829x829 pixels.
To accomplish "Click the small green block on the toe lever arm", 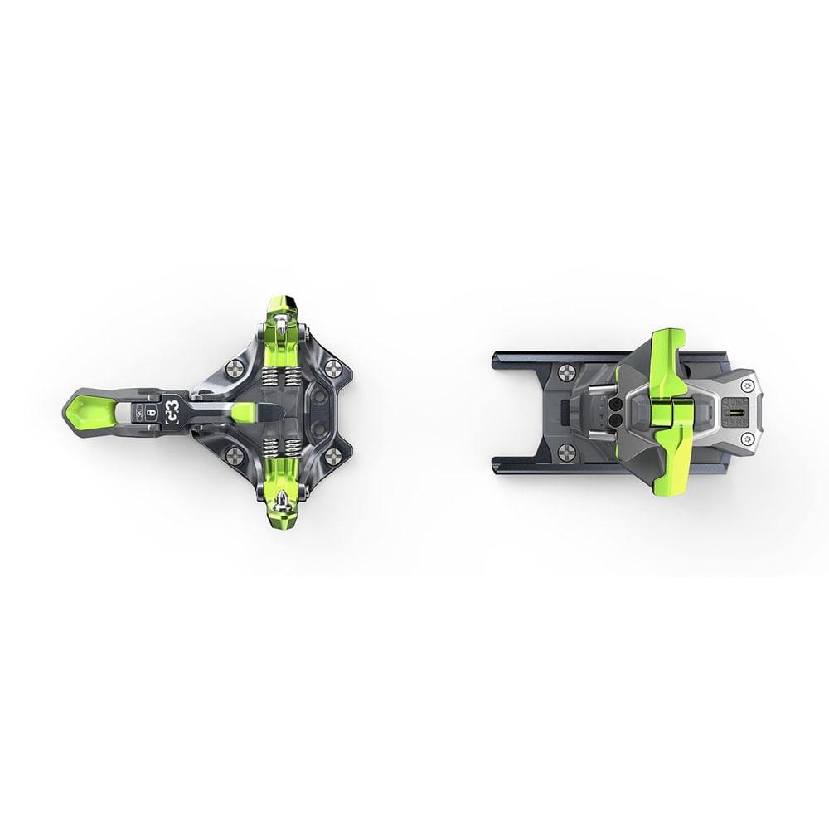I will click(x=244, y=412).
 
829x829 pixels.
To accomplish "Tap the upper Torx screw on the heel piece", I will click(x=749, y=384).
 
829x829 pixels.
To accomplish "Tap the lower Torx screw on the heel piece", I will click(x=749, y=437).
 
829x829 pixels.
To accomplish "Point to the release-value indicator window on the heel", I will click(x=732, y=410).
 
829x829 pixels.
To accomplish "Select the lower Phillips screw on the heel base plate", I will click(x=567, y=451).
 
